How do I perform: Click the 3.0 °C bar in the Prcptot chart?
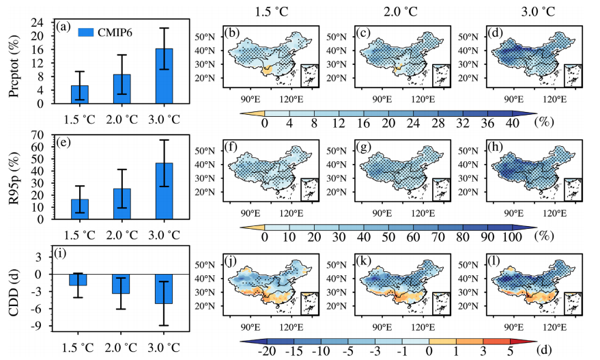tap(164, 76)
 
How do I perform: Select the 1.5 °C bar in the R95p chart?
tap(80, 209)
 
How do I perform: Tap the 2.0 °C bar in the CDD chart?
tap(121, 283)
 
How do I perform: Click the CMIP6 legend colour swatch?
tap(86, 32)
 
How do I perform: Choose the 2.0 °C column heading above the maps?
tap(400, 12)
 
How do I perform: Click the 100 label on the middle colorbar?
tap(512, 237)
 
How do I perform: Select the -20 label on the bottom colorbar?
tap(267, 351)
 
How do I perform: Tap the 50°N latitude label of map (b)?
tap(205, 37)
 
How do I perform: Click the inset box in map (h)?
tap(573, 190)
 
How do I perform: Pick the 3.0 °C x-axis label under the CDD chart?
tap(164, 348)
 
